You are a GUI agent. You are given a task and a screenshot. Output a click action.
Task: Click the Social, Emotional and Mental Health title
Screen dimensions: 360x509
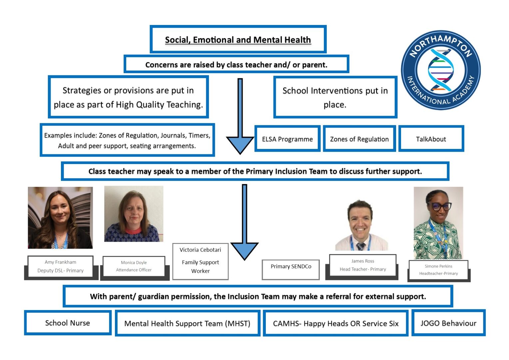[x=238, y=40]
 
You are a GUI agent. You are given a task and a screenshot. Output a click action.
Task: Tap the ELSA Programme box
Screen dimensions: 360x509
[x=287, y=139]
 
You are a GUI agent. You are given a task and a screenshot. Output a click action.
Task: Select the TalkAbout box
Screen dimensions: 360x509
[x=431, y=139]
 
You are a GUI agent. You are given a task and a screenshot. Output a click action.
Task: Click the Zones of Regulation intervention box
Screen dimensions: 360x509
[x=359, y=139]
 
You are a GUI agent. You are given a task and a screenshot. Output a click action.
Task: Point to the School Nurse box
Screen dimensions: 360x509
[x=68, y=323]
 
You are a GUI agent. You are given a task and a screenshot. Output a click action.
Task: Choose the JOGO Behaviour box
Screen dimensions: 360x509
[x=448, y=323]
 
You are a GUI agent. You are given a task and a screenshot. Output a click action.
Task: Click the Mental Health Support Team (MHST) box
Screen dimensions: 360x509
[x=187, y=323]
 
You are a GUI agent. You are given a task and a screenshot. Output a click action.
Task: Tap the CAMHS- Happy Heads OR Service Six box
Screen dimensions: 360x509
[x=335, y=323]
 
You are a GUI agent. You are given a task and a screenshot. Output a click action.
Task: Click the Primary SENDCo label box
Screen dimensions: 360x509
[x=291, y=267]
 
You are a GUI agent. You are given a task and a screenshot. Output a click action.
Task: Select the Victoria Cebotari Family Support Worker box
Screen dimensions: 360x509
[x=200, y=261]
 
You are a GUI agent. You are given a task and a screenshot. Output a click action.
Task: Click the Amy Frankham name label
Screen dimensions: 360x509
[x=60, y=266]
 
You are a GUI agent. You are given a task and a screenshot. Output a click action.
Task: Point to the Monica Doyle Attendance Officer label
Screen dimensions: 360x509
[x=134, y=266]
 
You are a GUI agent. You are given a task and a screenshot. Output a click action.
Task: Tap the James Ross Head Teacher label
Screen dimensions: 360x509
[x=363, y=265]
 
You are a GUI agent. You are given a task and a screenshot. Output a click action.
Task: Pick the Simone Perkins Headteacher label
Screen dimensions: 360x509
[x=438, y=270]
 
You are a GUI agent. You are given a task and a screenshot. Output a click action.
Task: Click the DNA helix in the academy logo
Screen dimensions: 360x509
[x=440, y=70]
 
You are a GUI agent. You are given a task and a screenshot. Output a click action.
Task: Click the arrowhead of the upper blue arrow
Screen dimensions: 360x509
[x=240, y=144]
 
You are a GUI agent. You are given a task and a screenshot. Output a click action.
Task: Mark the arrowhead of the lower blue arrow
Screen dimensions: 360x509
[x=245, y=250]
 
